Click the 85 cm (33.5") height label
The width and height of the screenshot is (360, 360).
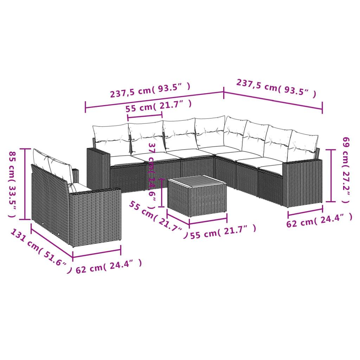tap(12, 184)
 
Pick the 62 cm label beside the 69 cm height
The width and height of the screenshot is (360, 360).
tap(319, 221)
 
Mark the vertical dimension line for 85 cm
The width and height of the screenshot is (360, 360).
tap(25, 184)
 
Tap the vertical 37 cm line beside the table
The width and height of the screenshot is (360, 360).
tap(161, 193)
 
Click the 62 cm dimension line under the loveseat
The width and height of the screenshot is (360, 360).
tap(97, 254)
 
